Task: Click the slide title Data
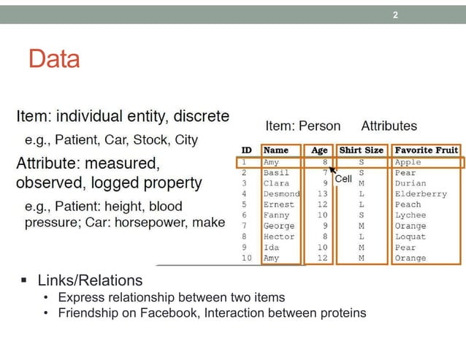(54, 59)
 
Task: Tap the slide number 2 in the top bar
(395, 15)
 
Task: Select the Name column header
(275, 150)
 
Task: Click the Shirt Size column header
(361, 150)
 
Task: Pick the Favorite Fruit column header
(427, 150)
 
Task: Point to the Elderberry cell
(420, 194)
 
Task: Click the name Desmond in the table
(281, 194)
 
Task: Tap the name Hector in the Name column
(278, 237)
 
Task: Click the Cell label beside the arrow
(343, 178)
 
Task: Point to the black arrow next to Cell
(332, 171)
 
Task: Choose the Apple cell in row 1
(408, 162)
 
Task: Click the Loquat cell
(410, 237)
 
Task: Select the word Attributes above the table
(389, 126)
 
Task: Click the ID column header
(247, 150)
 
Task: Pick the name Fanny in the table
(276, 215)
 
